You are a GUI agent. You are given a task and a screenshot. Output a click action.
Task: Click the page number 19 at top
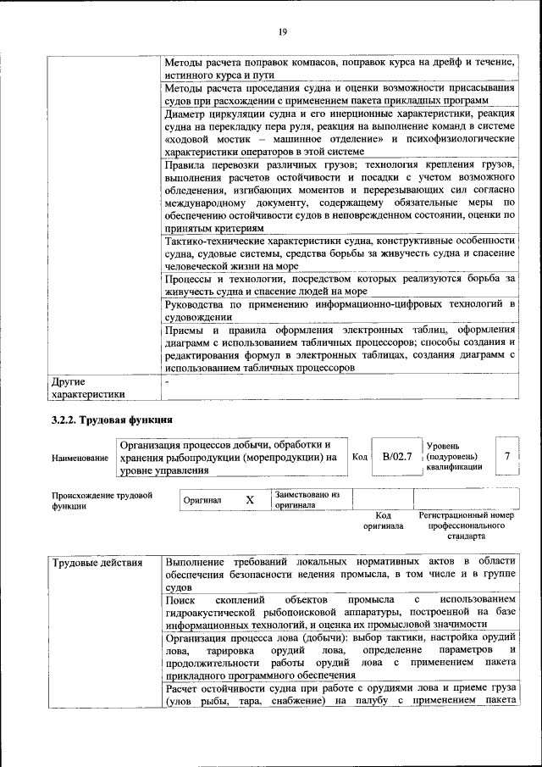click(x=283, y=32)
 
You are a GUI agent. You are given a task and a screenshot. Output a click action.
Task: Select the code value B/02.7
click(x=396, y=457)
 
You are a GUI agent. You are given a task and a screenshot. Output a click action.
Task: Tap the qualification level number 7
click(x=506, y=457)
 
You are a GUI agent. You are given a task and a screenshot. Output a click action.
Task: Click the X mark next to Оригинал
click(x=250, y=500)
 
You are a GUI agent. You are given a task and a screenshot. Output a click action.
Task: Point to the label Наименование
click(x=80, y=458)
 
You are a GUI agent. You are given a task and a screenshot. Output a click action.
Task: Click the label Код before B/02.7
click(x=359, y=457)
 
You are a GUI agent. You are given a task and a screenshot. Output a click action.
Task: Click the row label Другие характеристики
click(x=89, y=386)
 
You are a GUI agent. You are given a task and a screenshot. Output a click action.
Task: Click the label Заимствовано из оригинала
click(x=307, y=499)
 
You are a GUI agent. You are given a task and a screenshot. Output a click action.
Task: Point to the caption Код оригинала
click(x=383, y=520)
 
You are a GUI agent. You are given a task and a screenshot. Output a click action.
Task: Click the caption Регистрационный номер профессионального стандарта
click(x=467, y=525)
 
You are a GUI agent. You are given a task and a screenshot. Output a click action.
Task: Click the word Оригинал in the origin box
click(x=203, y=501)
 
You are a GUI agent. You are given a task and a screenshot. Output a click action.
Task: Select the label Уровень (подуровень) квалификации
click(x=456, y=456)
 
